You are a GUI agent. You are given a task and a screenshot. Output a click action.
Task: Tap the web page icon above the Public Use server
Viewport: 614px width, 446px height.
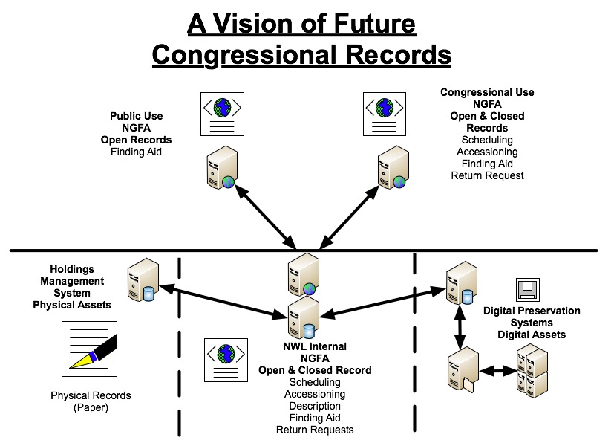pos(222,113)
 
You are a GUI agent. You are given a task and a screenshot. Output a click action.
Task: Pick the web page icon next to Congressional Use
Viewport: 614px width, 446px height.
pos(383,113)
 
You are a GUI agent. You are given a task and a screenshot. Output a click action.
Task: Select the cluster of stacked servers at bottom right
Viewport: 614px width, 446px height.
pos(532,369)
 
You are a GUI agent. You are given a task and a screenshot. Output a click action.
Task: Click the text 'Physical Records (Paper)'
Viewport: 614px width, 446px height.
pos(91,401)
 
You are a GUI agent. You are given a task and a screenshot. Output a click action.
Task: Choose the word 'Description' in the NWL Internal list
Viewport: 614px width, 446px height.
pos(315,406)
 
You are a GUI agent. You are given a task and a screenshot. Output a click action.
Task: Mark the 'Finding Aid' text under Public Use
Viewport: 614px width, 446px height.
pos(136,152)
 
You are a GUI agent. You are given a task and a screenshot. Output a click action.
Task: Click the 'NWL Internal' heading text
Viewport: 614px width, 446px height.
pos(315,347)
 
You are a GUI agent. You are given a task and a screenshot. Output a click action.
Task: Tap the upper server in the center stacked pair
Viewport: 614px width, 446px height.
pos(304,274)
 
